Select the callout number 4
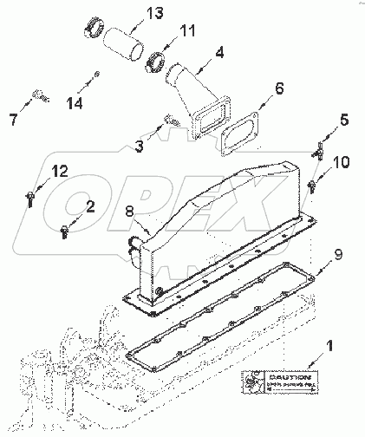pos(218,52)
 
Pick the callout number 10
pos(340,161)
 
